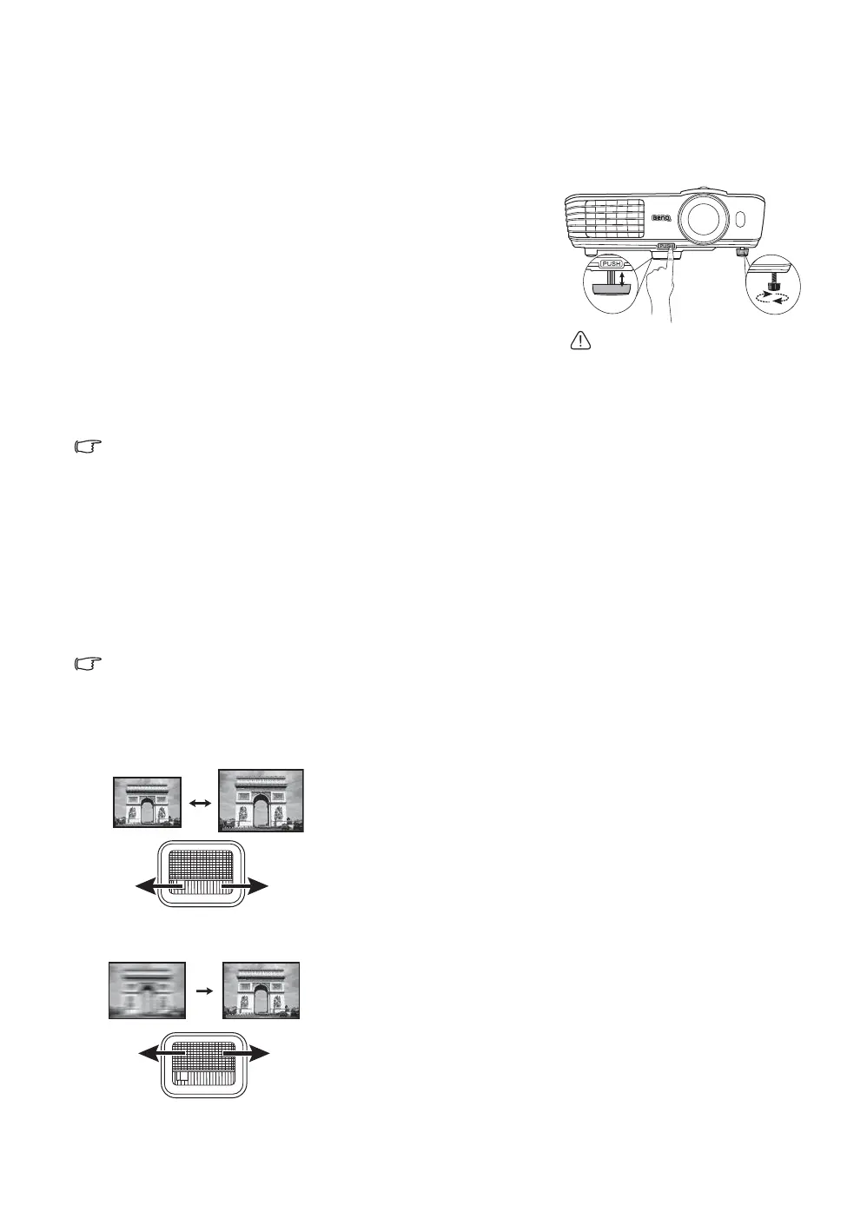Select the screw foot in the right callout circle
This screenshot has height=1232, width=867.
coord(772,282)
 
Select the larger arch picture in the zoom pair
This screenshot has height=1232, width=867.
coord(261,801)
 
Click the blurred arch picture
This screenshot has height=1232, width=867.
coord(147,990)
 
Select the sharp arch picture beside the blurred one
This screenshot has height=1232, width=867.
coord(261,990)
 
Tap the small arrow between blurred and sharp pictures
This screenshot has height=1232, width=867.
coord(202,990)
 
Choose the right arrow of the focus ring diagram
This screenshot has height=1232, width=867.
coord(254,1053)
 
